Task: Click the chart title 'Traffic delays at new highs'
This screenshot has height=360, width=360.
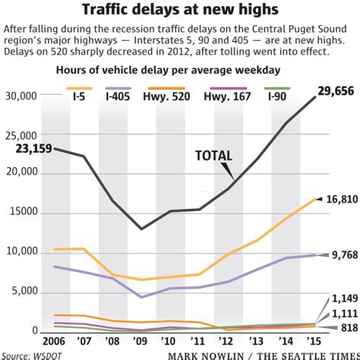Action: point(180,11)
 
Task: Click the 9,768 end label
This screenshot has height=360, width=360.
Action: point(339,255)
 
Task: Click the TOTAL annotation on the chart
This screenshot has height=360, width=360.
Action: point(214,156)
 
